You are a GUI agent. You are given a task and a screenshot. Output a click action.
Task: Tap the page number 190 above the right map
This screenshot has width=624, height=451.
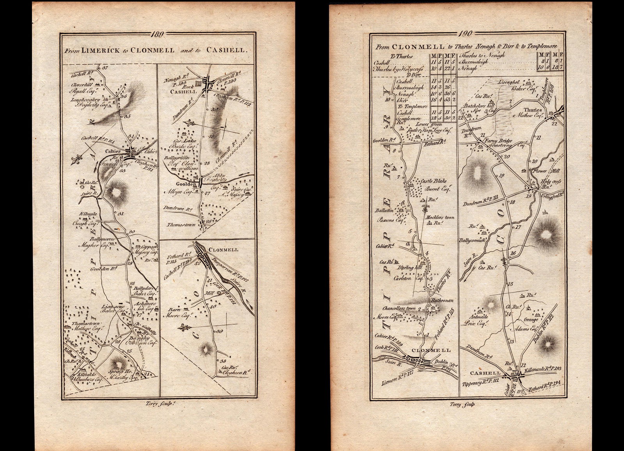click(x=466, y=35)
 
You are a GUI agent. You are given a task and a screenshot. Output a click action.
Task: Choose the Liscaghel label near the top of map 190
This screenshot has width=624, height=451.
click(x=510, y=82)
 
